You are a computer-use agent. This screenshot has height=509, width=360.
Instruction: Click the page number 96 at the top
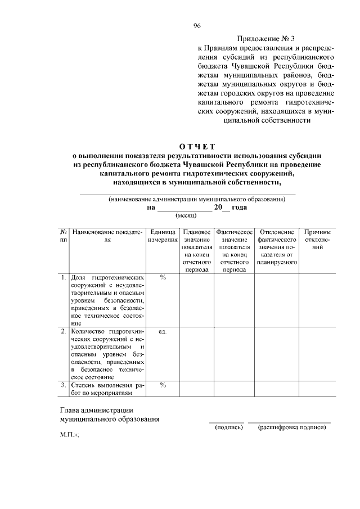[197, 26]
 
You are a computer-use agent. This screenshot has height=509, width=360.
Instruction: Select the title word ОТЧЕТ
[197, 147]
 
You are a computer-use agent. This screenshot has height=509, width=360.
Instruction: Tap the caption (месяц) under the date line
[186, 215]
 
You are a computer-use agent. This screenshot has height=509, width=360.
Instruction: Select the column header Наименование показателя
[107, 236]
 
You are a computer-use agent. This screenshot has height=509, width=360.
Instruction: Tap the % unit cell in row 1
[163, 278]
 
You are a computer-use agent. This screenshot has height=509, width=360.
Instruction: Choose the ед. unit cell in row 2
[163, 332]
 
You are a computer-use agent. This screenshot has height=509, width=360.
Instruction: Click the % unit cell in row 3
[163, 385]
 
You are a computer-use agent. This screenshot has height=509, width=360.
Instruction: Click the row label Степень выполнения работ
[107, 389]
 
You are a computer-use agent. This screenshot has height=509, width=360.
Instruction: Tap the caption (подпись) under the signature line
[228, 427]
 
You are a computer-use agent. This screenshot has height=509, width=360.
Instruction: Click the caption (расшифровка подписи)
[291, 427]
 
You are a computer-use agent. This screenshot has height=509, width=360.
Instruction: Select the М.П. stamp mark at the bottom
[70, 436]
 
